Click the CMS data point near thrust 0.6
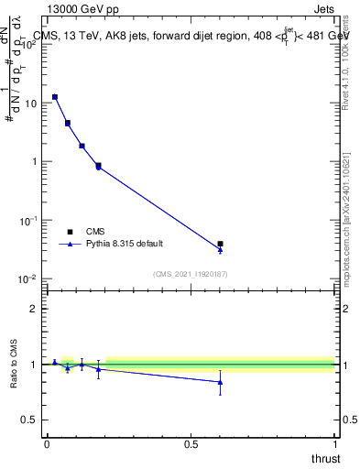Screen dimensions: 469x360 [220, 244]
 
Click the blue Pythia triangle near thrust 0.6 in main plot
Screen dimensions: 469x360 [220, 249]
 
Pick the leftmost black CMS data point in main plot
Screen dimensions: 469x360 [55, 96]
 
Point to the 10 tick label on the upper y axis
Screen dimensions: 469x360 [30, 103]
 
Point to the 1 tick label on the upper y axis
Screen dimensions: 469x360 [34, 161]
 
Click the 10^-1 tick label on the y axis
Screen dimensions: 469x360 [28, 220]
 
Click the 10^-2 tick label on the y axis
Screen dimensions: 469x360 [28, 278]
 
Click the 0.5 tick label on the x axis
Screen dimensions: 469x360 [191, 444]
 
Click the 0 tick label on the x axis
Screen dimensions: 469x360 [47, 444]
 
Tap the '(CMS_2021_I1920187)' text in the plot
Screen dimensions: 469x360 [190, 274]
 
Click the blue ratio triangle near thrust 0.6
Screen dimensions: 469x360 [220, 382]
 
